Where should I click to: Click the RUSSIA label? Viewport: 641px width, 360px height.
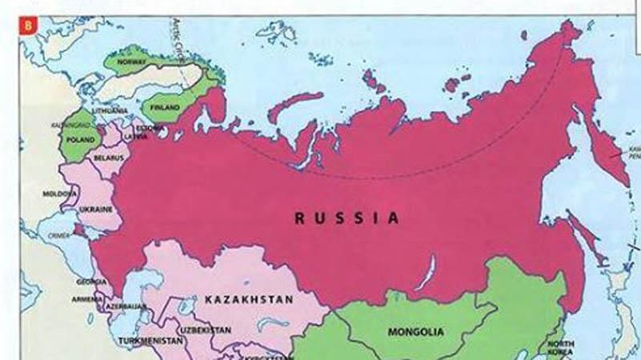[x=347, y=217]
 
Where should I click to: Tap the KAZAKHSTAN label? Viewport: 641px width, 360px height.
[x=249, y=299]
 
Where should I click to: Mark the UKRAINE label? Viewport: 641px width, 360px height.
[x=96, y=210]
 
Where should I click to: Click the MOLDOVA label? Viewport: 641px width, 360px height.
[x=59, y=194]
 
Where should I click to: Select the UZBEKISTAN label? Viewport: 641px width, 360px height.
[x=206, y=329]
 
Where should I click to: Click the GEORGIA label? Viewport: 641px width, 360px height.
[x=90, y=282]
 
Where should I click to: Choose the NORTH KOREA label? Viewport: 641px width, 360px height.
[x=560, y=348]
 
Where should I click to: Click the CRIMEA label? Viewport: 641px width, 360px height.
[x=59, y=236]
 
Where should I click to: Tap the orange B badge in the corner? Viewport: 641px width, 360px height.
[x=29, y=24]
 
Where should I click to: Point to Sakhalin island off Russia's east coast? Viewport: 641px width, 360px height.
[x=590, y=240]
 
